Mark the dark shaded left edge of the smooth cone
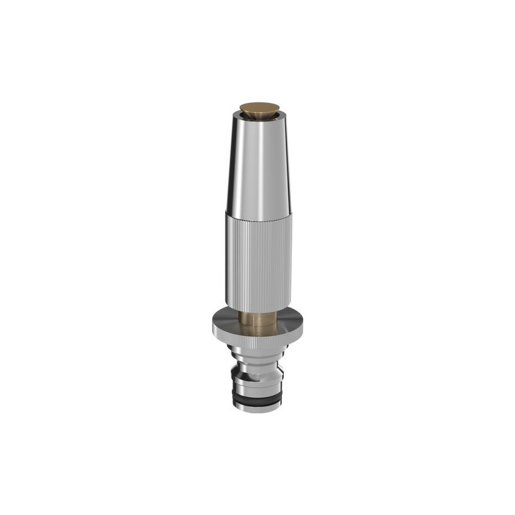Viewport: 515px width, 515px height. point(233,167)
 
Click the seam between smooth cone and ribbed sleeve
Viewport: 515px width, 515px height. point(257,212)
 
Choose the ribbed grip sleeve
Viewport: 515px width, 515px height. point(257,257)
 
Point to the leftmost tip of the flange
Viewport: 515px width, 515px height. point(211,324)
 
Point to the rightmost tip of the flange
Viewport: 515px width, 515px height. point(304,324)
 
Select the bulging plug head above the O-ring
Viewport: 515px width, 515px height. point(257,382)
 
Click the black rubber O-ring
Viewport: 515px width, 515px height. point(257,399)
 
